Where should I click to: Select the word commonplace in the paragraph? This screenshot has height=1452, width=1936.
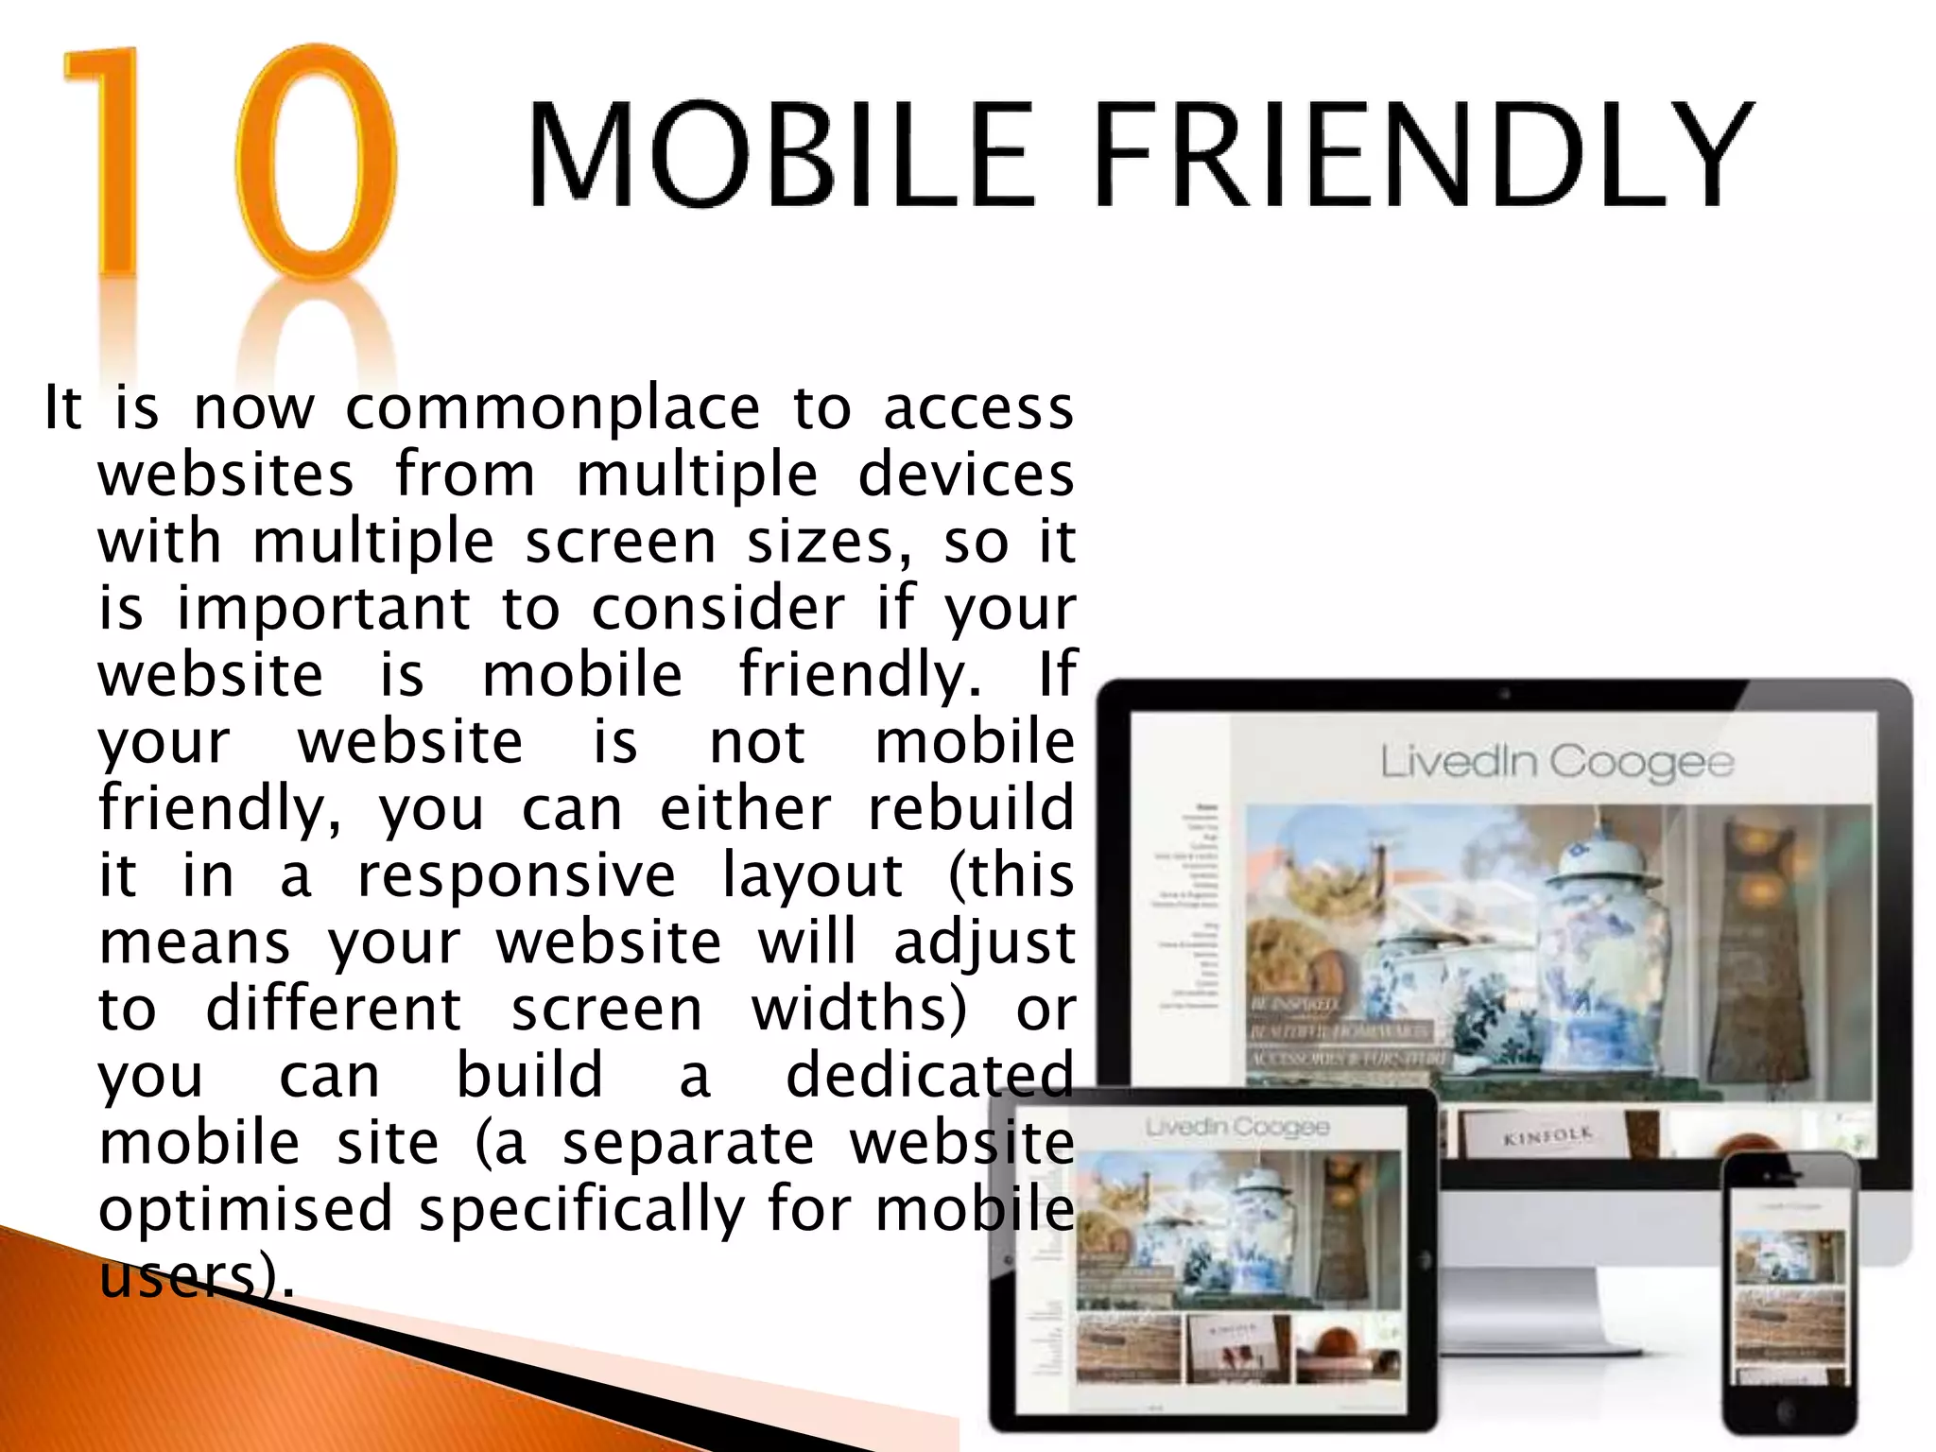click(552, 409)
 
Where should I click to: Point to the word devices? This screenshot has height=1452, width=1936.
click(965, 475)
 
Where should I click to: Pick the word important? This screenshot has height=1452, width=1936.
click(323, 608)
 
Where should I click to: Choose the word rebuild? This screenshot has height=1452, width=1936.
click(971, 809)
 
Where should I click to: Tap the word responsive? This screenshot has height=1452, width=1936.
click(516, 876)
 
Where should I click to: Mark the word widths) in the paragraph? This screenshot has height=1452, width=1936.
click(859, 1010)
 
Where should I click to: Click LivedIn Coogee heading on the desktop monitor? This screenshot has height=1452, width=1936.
click(1556, 762)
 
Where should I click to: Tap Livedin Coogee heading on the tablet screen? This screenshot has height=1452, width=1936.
click(1236, 1127)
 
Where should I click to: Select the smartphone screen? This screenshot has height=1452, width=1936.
click(1789, 1295)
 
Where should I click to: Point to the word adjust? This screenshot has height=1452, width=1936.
click(984, 943)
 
